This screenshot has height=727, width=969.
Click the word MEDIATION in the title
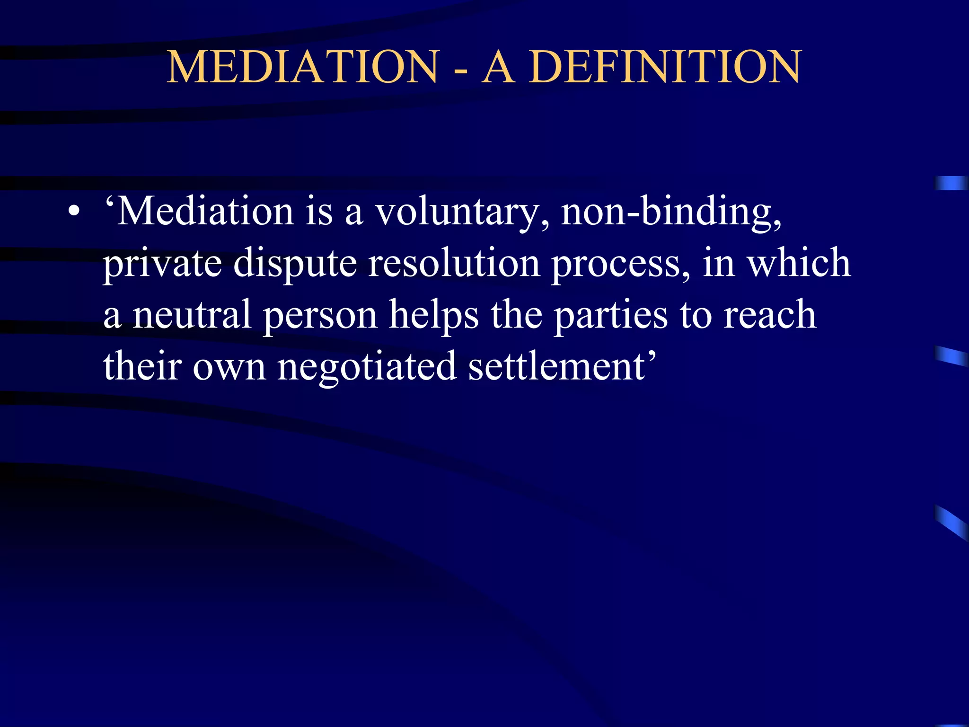[x=303, y=67]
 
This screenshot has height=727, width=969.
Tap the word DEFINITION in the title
[x=665, y=67]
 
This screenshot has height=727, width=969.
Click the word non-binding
[x=671, y=213]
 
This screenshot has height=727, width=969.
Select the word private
[x=162, y=264]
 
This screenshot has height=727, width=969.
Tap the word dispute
[x=295, y=264]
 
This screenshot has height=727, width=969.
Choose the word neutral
[x=192, y=315]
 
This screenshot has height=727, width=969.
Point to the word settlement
[x=557, y=367]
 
